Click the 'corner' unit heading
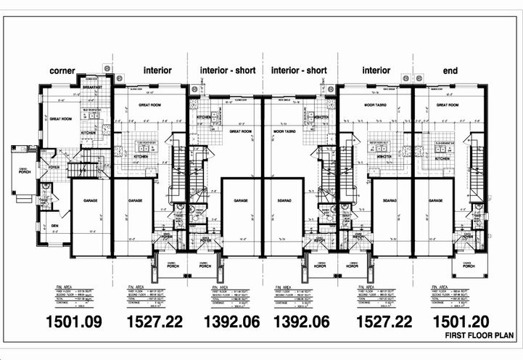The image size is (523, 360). (62, 70)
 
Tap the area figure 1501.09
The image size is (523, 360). (73, 321)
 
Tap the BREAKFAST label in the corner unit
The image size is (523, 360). (92, 87)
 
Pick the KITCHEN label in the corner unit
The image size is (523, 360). (88, 134)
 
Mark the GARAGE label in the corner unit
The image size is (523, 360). (91, 200)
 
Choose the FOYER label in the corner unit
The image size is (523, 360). (54, 166)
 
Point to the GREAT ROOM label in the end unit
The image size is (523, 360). (447, 105)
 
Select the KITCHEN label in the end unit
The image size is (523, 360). (435, 157)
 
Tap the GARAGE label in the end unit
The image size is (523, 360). (435, 200)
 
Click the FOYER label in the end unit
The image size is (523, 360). (467, 236)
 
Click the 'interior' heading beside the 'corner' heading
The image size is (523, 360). (157, 70)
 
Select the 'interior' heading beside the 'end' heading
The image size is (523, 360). (376, 70)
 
